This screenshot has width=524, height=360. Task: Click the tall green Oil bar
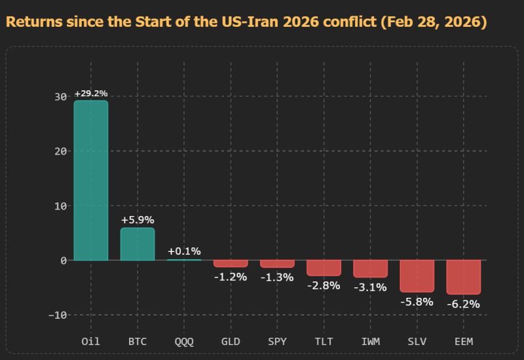90,180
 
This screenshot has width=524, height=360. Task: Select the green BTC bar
138,244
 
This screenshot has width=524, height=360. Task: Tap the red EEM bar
463,276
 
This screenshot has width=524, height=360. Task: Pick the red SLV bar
417,276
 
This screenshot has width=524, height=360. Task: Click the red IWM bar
370,268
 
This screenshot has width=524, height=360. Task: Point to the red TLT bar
324,268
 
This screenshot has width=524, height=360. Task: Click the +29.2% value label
90,94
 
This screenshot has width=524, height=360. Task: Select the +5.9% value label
138,220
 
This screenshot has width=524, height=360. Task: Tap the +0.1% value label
184,251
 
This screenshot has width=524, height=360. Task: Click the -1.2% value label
231,276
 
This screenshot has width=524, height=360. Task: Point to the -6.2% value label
463,304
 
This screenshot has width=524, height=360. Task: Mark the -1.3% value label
277,277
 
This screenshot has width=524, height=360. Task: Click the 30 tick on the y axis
60,96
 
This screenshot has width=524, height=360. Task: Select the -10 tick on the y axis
58,315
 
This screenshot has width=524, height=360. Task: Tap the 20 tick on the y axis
60,151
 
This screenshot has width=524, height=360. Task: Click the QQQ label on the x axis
184,341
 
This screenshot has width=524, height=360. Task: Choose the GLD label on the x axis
231,341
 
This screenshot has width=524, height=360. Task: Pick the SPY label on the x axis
277,341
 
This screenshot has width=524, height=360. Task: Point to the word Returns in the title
33,22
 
